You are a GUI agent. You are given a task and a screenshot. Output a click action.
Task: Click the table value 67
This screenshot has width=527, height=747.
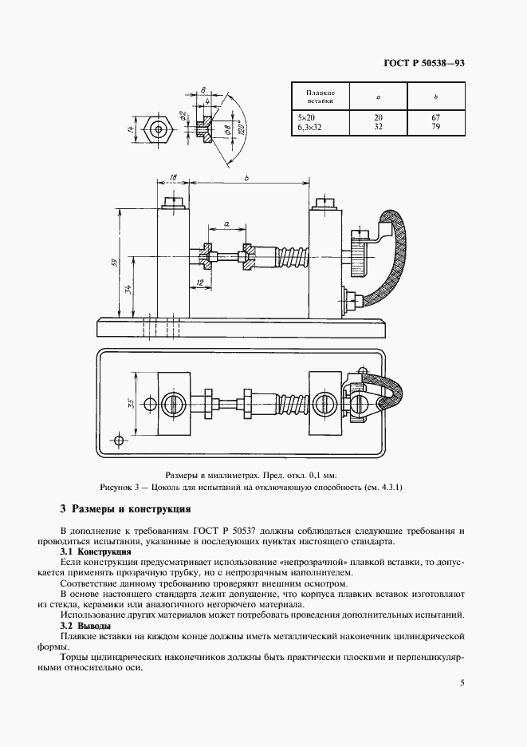pos(435,117)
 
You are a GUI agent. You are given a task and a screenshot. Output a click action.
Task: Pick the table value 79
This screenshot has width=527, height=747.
pos(435,125)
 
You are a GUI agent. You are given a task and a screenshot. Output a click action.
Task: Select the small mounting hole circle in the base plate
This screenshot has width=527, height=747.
pos(119,440)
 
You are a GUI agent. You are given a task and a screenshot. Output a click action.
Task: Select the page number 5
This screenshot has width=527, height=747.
pos(463,683)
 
